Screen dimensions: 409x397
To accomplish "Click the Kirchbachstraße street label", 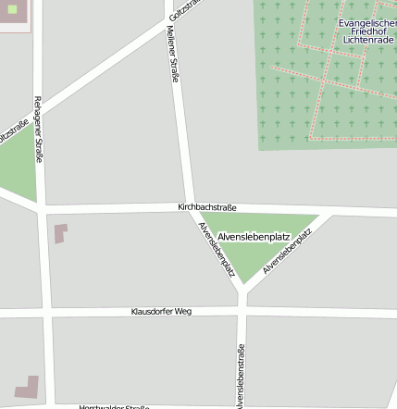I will point(207,207).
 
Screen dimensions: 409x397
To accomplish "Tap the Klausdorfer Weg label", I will point(161,312).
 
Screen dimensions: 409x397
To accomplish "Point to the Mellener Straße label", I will point(173,54).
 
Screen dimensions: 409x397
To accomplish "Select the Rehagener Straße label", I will point(38,129).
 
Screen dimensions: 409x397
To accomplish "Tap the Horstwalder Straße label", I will point(114,406).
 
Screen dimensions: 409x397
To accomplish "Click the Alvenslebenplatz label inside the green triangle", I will point(254,237).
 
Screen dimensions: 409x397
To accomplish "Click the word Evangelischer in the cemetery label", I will point(367,22).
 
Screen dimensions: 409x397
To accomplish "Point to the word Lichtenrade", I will point(367,41).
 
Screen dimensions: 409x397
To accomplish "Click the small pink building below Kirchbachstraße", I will point(61,232).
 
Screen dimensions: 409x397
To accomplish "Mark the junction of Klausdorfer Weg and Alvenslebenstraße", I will point(242,313).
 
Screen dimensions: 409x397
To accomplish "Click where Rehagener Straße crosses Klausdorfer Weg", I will point(43,315).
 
